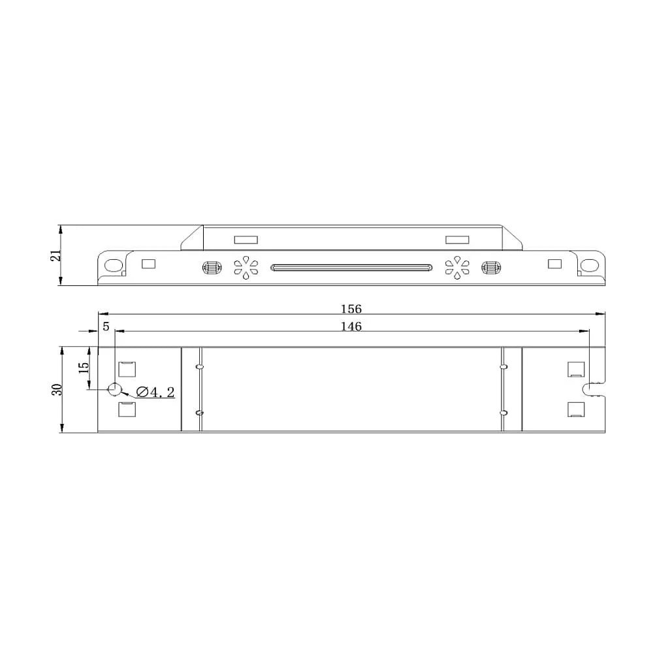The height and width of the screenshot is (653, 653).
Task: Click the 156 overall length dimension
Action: coord(351,309)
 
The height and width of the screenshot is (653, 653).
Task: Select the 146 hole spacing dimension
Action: coord(351,326)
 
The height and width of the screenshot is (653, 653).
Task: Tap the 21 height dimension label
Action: coord(56,255)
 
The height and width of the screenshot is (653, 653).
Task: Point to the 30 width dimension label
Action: coord(57,389)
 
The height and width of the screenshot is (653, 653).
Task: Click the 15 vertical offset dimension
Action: coord(84,368)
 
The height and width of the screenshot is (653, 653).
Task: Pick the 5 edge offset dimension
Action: coord(106,326)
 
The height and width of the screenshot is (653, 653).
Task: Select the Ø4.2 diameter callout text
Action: coord(155,392)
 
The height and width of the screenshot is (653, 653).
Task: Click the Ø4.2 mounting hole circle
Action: coord(114,389)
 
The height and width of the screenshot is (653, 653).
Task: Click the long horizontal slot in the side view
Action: coord(351,267)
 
